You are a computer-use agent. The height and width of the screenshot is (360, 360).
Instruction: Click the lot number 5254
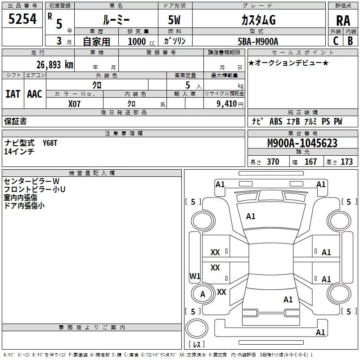coord(22,20)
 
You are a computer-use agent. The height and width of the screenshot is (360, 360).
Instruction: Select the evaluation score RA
coord(343,21)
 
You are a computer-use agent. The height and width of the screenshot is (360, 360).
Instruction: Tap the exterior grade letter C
coord(335,41)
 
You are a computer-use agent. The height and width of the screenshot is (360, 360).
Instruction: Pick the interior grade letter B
coord(350,41)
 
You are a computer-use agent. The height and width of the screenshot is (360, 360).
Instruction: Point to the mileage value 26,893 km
coord(54,65)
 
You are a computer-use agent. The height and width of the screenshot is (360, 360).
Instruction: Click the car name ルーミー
coord(116,20)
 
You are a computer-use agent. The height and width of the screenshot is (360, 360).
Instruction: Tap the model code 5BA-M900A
coord(258,41)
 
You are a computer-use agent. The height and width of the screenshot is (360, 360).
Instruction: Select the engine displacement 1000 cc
coord(140,41)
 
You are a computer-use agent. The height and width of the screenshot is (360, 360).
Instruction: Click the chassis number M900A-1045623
coord(302,143)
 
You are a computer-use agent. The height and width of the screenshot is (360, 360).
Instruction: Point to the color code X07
coord(75,104)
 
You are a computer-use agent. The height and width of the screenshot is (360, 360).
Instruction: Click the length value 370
coord(273,162)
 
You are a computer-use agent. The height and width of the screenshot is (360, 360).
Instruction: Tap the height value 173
coord(346,162)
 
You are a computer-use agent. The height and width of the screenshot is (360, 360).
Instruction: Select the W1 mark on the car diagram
coord(195,276)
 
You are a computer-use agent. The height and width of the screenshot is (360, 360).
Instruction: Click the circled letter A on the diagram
coord(202,294)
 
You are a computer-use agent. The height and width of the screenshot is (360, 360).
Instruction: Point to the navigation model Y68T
coord(50,143)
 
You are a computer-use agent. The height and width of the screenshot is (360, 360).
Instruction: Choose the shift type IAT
coord(13,94)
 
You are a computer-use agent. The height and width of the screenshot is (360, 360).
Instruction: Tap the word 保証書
coord(15,121)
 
